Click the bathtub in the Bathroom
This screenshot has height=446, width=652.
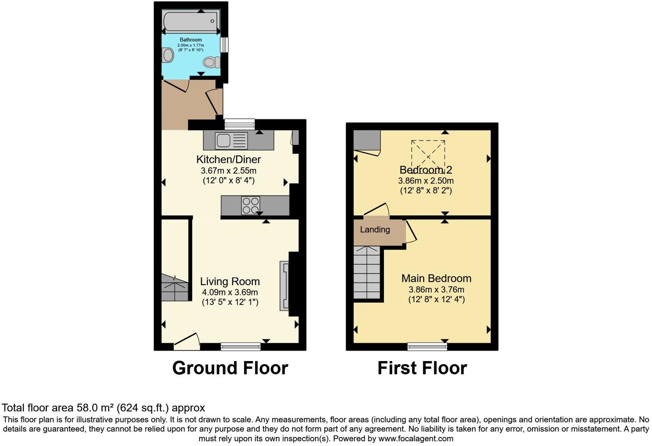190,21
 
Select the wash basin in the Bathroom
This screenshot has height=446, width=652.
168,55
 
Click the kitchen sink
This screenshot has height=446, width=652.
231,141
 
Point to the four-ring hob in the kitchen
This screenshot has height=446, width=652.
251,205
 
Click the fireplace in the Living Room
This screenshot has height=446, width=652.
285,285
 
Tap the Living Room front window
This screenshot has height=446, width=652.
241,347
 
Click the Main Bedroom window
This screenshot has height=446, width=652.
427,347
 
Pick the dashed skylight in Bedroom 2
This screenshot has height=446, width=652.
428,156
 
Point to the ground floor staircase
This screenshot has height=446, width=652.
175,288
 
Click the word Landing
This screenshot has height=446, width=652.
375,230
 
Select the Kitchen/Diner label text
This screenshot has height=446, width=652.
229,160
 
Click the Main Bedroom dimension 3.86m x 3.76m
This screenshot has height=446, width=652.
436,289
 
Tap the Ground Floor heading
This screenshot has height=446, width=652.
230,368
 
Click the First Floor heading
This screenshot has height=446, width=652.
422,368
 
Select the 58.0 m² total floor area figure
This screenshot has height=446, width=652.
95,408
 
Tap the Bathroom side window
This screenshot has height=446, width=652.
224,45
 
